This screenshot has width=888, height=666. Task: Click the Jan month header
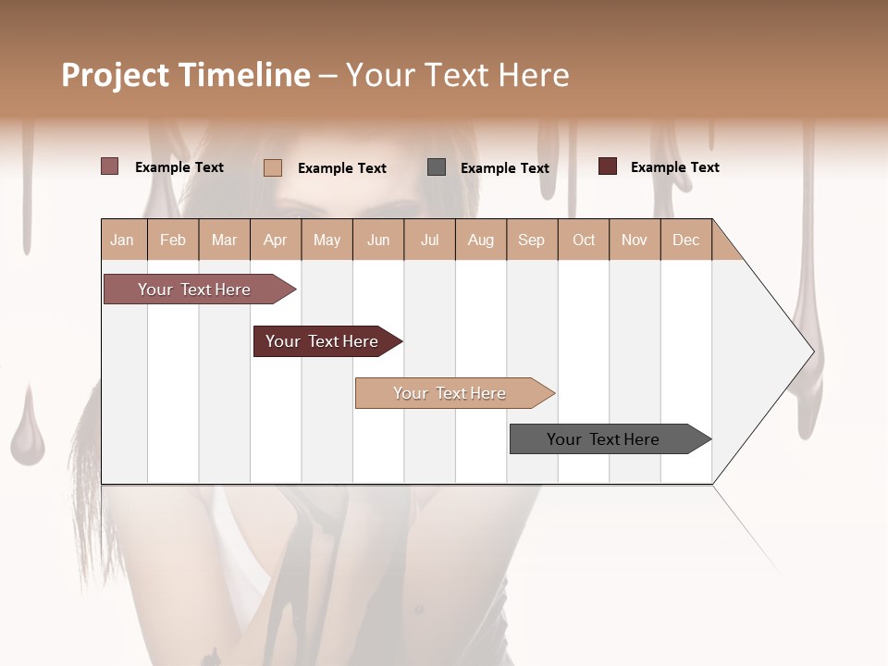click(x=123, y=240)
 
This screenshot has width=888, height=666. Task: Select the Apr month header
click(x=276, y=240)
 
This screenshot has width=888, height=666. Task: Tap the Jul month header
click(x=429, y=240)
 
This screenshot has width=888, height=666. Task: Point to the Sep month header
click(x=531, y=240)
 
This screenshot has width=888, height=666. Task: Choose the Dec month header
click(x=685, y=240)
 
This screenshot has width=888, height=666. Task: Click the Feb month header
click(x=173, y=240)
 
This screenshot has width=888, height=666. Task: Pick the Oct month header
click(x=584, y=240)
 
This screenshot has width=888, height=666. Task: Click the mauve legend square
click(x=110, y=166)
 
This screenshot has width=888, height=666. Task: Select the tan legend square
click(x=273, y=167)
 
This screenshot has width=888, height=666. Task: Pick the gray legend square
click(x=437, y=166)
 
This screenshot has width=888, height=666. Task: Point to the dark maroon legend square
click(x=608, y=166)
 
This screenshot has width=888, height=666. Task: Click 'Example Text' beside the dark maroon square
click(x=674, y=167)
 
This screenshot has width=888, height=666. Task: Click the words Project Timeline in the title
click(x=186, y=75)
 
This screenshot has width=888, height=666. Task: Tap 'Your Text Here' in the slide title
click(x=457, y=75)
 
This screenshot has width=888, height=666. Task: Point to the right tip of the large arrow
click(x=812, y=351)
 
